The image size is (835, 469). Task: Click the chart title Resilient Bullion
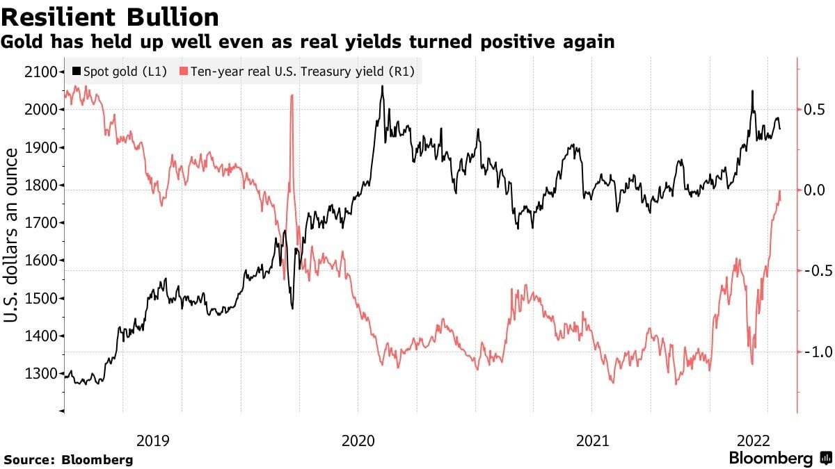(x=111, y=17)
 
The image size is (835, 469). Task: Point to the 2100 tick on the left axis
(x=41, y=72)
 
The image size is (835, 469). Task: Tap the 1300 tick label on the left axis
(x=41, y=374)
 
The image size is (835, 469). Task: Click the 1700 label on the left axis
(x=41, y=223)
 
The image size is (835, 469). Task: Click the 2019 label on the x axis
(x=153, y=441)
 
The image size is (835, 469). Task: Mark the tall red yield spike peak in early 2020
(x=291, y=95)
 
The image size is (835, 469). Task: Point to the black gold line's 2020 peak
(x=382, y=87)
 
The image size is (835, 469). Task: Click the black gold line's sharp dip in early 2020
(x=292, y=308)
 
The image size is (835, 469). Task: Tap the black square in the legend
(x=76, y=71)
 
